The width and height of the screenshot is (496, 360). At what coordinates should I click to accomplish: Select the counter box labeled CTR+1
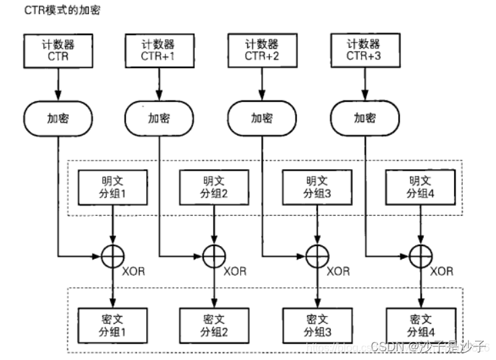click(159, 51)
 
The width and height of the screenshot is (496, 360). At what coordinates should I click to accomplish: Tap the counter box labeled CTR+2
click(262, 51)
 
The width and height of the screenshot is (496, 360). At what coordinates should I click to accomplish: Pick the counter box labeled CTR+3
click(365, 51)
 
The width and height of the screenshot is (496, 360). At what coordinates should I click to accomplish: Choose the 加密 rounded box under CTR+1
click(159, 118)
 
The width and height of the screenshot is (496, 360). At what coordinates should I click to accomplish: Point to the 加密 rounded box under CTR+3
click(365, 118)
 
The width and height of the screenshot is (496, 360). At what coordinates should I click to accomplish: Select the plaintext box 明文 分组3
click(315, 187)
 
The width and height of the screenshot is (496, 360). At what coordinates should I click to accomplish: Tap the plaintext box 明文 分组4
click(418, 187)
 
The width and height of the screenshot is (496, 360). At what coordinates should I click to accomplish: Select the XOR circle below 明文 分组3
click(316, 256)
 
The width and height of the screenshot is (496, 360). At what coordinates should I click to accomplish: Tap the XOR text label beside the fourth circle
click(442, 272)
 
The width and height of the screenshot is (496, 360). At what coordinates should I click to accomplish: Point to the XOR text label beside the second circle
click(236, 272)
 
